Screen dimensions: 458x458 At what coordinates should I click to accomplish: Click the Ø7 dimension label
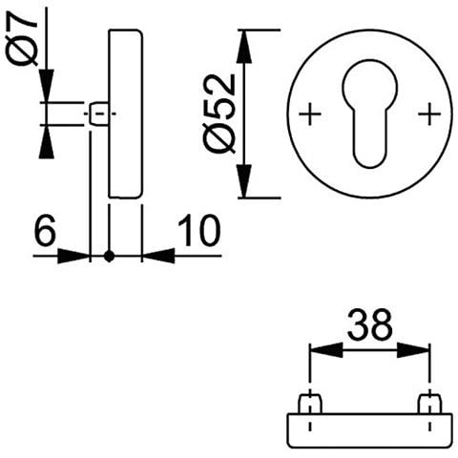pyautogui.click(x=22, y=38)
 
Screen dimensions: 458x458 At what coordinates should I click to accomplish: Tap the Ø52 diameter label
pyautogui.click(x=219, y=114)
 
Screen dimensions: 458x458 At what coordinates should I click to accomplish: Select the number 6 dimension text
pyautogui.click(x=45, y=230)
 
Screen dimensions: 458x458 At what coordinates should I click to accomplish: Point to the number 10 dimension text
pyautogui.click(x=198, y=230)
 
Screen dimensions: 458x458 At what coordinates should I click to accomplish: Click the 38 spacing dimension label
pyautogui.click(x=369, y=325)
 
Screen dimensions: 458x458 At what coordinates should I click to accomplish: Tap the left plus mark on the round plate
pyautogui.click(x=310, y=114)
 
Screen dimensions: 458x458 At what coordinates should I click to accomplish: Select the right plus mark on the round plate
pyautogui.click(x=429, y=114)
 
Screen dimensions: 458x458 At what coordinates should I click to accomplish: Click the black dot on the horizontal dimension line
pyautogui.click(x=109, y=256)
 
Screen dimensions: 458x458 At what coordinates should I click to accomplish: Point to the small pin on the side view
pyautogui.click(x=98, y=114)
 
